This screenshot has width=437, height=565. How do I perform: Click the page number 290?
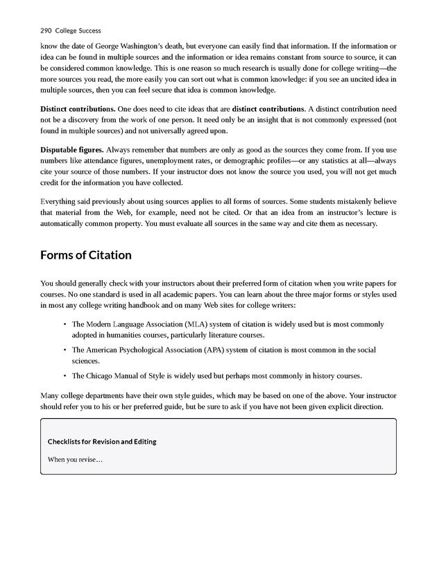pyautogui.click(x=47, y=31)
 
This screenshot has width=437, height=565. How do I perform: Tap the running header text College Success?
pyautogui.click(x=78, y=31)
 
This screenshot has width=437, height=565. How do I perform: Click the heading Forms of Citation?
pyautogui.click(x=85, y=255)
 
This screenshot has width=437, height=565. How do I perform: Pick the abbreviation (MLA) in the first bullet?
pyautogui.click(x=196, y=324)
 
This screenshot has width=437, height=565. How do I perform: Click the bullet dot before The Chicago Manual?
pyautogui.click(x=64, y=376)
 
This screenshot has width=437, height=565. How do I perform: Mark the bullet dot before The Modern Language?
pyautogui.click(x=64, y=324)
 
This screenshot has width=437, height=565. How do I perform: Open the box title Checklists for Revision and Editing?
pyautogui.click(x=102, y=442)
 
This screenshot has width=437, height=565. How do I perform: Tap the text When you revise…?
pyautogui.click(x=75, y=459)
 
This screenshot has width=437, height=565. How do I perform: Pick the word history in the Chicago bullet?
pyautogui.click(x=316, y=376)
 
